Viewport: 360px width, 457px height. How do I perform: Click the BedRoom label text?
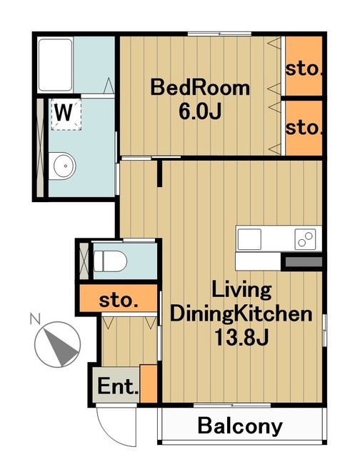coord(200,87)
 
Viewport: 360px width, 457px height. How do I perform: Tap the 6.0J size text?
coord(200,111)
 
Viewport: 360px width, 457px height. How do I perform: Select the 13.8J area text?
coord(241,337)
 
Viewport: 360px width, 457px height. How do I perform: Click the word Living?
coord(241,290)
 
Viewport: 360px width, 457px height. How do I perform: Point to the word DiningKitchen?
coord(241,313)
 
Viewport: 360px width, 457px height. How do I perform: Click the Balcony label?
coord(240,426)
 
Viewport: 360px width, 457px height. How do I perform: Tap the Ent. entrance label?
coord(118,386)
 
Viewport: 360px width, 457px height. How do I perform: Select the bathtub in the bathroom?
coord(55,65)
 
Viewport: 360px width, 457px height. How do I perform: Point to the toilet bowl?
coord(110,261)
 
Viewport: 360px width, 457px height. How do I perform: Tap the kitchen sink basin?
coord(249,239)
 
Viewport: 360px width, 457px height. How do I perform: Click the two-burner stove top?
coord(305,239)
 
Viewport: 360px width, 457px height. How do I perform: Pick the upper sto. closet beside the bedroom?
coord(304,66)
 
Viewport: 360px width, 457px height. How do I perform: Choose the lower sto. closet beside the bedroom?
coord(304,128)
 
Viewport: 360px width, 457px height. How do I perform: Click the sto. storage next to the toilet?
coord(119,298)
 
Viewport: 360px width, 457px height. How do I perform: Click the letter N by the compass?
coord(35,318)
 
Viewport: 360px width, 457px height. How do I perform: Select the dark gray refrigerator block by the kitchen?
coord(304,262)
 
